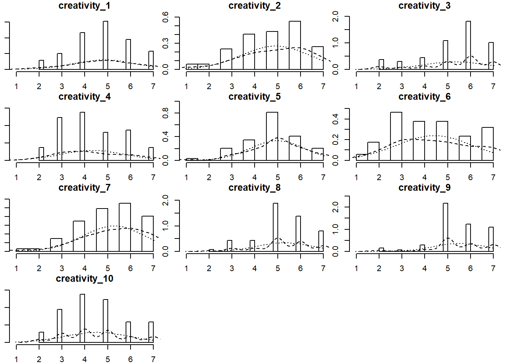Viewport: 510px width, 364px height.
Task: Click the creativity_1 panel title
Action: click(x=84, y=6)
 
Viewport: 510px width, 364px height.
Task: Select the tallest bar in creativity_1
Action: click(x=105, y=45)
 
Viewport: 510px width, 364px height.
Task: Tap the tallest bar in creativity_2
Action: click(x=294, y=45)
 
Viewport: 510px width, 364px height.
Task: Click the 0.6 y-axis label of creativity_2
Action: click(x=165, y=17)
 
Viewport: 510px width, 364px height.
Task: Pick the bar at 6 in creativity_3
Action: click(x=468, y=45)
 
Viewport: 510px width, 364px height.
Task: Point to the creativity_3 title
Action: click(x=424, y=6)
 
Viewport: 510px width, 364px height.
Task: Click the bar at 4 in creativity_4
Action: click(x=82, y=136)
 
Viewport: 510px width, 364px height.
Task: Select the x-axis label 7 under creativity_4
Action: click(x=153, y=177)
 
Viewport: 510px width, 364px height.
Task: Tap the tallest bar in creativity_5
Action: click(x=272, y=136)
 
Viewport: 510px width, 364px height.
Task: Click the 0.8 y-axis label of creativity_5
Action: click(x=165, y=113)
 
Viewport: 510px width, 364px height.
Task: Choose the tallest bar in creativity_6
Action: click(x=396, y=136)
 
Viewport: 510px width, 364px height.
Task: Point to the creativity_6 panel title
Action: click(x=424, y=97)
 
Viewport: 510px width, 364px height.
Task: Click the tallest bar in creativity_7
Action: click(x=125, y=227)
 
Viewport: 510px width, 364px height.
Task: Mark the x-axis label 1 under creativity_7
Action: click(x=16, y=268)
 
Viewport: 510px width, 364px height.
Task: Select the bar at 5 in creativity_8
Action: click(x=275, y=227)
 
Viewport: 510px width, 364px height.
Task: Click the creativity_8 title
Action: click(x=254, y=188)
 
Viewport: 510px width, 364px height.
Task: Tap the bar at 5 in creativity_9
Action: click(x=445, y=227)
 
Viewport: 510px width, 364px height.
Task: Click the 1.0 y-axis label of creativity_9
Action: click(x=335, y=229)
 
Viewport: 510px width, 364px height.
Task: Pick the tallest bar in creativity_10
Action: click(x=82, y=318)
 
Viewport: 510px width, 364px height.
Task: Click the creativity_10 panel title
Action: click(x=84, y=279)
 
